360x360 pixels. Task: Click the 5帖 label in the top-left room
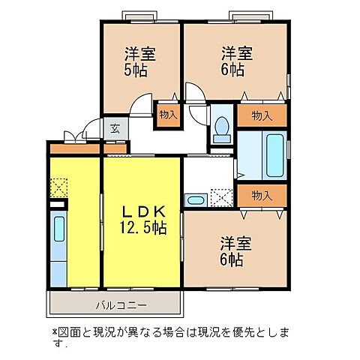coord(136,70)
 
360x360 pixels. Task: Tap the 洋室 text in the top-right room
coord(235,53)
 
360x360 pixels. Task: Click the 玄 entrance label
coord(115,128)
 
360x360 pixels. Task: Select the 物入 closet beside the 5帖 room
coord(168,115)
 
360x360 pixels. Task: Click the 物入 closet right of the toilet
coord(261,115)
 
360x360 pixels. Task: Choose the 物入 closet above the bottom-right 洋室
coord(261,196)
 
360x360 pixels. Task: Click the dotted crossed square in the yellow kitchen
coord(58,187)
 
